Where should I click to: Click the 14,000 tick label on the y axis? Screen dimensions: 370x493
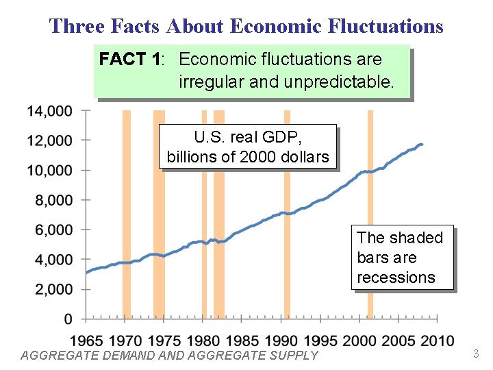pyautogui.click(x=50, y=110)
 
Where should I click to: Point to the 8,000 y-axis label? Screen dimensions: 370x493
pyautogui.click(x=53, y=200)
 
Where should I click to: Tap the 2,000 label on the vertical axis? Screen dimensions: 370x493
pyautogui.click(x=53, y=289)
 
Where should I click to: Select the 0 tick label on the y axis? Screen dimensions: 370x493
pyautogui.click(x=68, y=319)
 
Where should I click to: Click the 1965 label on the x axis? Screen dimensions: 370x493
pyautogui.click(x=86, y=340)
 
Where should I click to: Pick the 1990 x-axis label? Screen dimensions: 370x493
pyautogui.click(x=281, y=340)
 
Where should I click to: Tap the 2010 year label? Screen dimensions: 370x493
pyautogui.click(x=438, y=340)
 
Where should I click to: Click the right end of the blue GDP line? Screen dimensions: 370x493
pyautogui.click(x=422, y=145)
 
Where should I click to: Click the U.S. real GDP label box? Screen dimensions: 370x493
pyautogui.click(x=248, y=146)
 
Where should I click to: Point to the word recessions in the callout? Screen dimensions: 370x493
pyautogui.click(x=396, y=277)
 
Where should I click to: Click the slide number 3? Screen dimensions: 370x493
pyautogui.click(x=477, y=354)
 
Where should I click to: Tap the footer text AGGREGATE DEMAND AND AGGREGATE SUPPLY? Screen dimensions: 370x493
pyautogui.click(x=170, y=355)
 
